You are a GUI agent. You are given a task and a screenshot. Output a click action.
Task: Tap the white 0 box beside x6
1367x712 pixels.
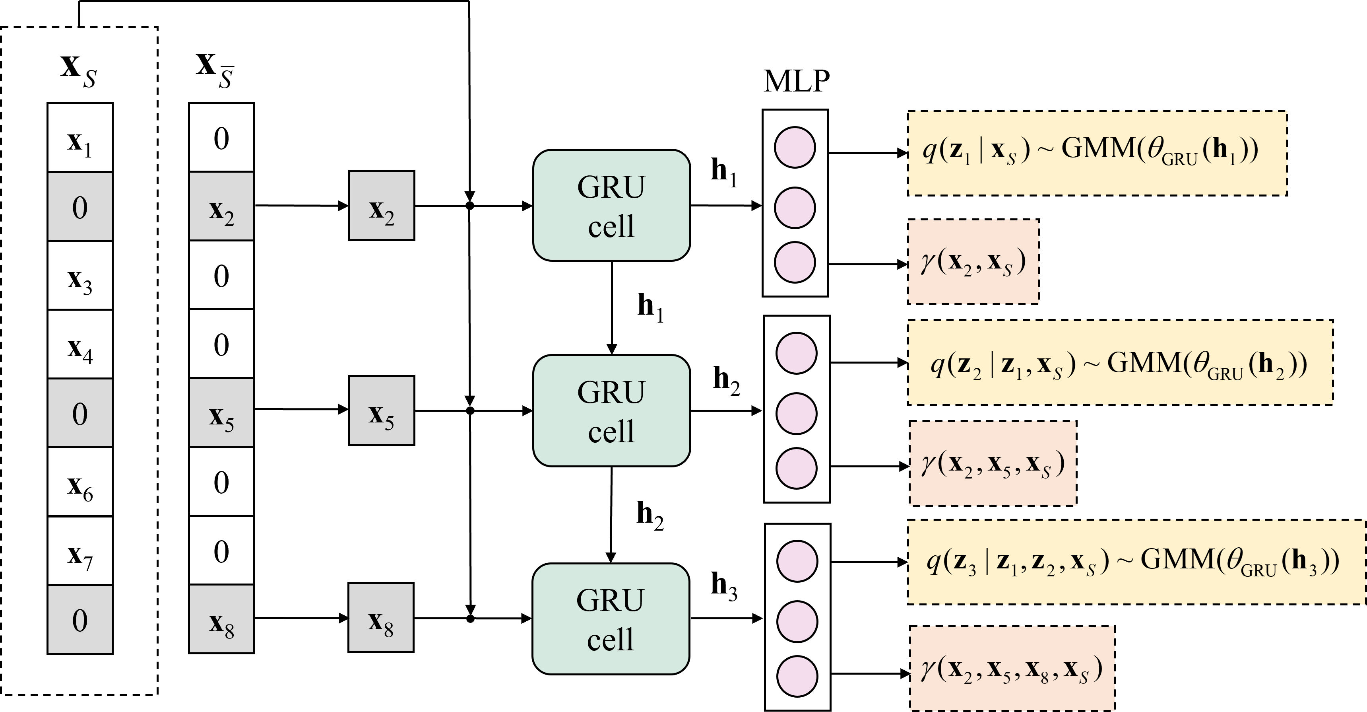(221, 482)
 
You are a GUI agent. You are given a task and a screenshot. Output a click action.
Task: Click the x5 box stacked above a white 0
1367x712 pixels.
(221, 413)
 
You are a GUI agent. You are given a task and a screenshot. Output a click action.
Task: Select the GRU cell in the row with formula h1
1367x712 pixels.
(611, 206)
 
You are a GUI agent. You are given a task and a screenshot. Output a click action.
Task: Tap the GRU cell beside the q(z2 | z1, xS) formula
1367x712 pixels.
(611, 411)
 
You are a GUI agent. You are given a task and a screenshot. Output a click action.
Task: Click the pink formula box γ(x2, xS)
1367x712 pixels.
(973, 262)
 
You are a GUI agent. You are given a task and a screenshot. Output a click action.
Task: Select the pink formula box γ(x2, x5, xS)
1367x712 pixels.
(992, 463)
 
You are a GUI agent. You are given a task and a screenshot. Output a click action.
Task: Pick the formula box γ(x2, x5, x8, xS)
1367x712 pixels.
(1012, 669)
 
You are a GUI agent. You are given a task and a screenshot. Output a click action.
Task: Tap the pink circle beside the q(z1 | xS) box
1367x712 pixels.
(795, 148)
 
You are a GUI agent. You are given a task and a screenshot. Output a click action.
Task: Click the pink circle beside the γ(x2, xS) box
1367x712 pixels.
(795, 262)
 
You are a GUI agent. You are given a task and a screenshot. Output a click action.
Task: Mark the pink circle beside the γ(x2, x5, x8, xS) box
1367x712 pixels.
(797, 677)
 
